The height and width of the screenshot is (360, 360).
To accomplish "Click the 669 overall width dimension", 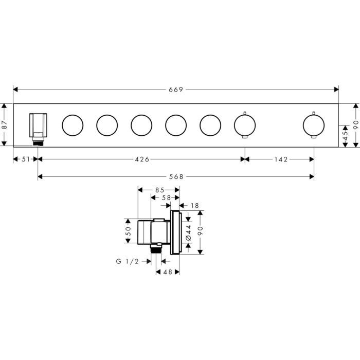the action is (x=176, y=89).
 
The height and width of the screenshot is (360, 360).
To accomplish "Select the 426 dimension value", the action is (x=142, y=159).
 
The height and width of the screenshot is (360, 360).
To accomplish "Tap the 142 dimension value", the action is (x=281, y=159).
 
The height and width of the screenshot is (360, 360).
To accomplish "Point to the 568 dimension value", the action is (x=176, y=176).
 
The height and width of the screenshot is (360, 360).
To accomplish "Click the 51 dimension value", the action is (x=26, y=159).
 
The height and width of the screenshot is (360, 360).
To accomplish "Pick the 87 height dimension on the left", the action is (x=5, y=124).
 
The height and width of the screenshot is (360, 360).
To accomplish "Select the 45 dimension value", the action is (x=345, y=136).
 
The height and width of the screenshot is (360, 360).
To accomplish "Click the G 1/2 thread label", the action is (x=128, y=261).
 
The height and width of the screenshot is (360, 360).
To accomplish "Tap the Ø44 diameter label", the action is (x=188, y=232).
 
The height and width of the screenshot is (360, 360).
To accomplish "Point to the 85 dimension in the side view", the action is (x=160, y=190).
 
